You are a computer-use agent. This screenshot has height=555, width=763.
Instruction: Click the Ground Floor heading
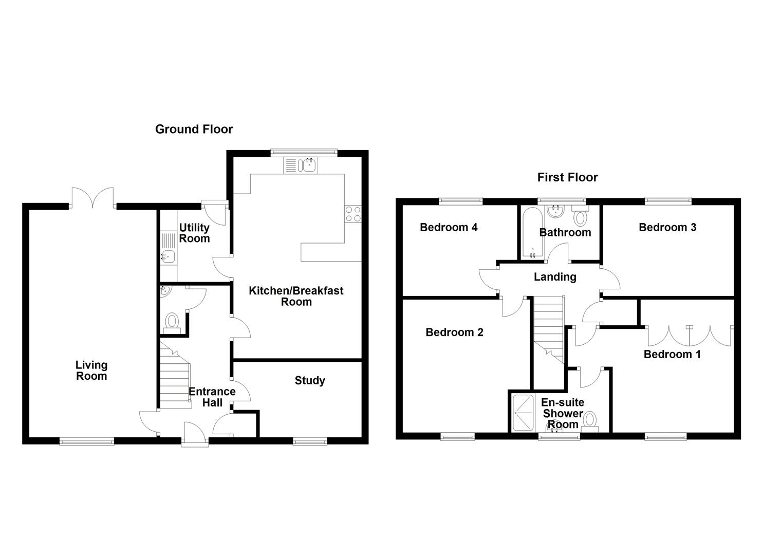tap(194, 129)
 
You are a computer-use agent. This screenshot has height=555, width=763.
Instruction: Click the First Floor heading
tap(567, 178)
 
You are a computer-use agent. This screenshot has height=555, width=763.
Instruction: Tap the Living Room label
tap(91, 371)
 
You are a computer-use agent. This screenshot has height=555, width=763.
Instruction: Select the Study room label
tap(310, 381)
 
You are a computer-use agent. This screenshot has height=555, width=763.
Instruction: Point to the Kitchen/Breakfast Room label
tap(296, 296)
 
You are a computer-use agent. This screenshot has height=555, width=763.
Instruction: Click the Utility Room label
tap(194, 233)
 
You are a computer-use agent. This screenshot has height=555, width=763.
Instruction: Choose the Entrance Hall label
tap(212, 397)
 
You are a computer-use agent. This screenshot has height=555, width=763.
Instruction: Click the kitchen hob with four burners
tap(352, 214)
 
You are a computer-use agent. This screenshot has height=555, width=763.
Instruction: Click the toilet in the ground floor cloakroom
tap(172, 323)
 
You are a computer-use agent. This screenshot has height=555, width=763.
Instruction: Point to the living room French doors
tap(92, 198)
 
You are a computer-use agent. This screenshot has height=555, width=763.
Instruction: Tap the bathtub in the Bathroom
tap(529, 232)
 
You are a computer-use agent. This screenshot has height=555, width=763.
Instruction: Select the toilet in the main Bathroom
tap(580, 217)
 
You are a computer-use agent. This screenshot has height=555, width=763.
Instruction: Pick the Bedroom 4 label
tap(449, 228)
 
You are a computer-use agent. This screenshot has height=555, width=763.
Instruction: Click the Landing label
tap(555, 277)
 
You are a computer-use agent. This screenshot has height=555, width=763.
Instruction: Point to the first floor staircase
tap(549, 329)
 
